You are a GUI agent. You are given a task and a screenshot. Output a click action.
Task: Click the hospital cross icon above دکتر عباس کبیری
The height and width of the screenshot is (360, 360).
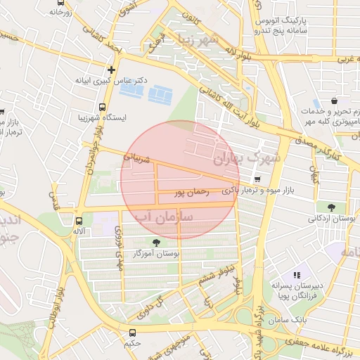111,70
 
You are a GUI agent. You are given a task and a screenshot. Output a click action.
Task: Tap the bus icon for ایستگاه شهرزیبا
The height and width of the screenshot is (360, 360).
103,108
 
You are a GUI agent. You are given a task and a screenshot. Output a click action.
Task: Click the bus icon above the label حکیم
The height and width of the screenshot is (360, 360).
132,333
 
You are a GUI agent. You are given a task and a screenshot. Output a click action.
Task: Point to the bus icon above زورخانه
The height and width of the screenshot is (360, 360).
56,2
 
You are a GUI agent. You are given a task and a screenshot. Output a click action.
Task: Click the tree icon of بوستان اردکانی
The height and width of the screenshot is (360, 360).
331,207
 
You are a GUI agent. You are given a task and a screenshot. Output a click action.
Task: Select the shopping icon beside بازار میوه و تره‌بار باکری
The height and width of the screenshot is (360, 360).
258,179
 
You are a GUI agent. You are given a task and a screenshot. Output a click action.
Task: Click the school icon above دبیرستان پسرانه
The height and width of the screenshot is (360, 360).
297,275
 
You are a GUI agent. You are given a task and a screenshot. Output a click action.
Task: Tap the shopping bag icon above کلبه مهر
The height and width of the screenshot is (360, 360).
333,101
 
